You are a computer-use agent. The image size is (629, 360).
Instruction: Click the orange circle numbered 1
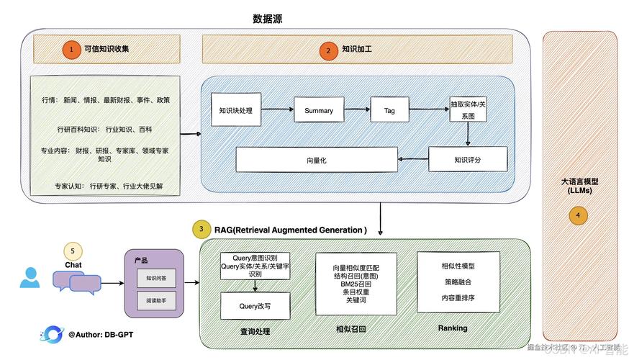(71, 49)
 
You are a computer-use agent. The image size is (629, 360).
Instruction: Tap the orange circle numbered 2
(328, 50)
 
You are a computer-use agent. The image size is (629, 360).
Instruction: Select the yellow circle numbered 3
(202, 230)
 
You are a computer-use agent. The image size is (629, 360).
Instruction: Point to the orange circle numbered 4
(579, 215)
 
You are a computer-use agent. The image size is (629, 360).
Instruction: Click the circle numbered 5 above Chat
(73, 251)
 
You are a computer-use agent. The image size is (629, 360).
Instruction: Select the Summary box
(319, 110)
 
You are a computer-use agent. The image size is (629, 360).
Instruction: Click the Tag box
(389, 110)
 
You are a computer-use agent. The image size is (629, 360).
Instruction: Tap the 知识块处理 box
(235, 110)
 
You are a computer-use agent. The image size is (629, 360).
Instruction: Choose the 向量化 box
(317, 160)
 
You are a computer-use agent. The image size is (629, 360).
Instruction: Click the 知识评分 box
(468, 159)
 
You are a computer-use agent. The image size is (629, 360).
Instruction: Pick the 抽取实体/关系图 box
(469, 109)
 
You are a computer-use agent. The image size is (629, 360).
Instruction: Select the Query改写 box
(255, 305)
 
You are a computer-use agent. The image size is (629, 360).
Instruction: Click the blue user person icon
(30, 278)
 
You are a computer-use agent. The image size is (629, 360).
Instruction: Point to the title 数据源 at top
(268, 19)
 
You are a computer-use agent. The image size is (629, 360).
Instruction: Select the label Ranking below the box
(453, 328)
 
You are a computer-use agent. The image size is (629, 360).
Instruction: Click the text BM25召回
(356, 284)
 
